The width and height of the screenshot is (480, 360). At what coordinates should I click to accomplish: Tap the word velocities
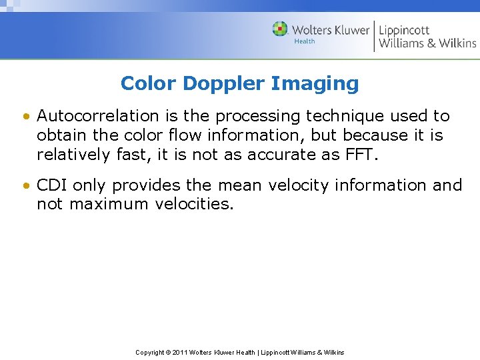tap(194, 204)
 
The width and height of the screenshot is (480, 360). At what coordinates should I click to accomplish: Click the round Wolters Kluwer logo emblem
tap(280, 29)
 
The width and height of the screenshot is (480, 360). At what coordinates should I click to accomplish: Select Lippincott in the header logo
tap(404, 30)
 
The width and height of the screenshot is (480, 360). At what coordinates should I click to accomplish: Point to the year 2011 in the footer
tap(179, 352)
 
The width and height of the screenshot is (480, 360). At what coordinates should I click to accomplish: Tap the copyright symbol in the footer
tap(168, 352)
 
